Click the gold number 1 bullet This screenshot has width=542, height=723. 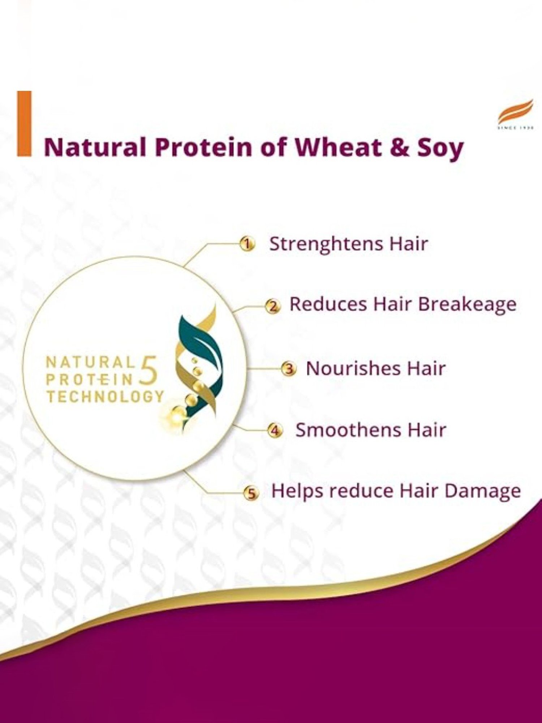pyautogui.click(x=247, y=244)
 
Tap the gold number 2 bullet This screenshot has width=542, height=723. pyautogui.click(x=273, y=306)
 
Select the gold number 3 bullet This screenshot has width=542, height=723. pyautogui.click(x=289, y=369)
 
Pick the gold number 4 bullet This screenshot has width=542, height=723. pyautogui.click(x=275, y=431)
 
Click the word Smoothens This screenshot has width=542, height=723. pyautogui.click(x=348, y=430)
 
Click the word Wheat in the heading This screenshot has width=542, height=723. pyautogui.click(x=338, y=147)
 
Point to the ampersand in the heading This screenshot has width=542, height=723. pyautogui.click(x=398, y=147)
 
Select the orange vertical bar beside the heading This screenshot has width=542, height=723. pyautogui.click(x=24, y=124)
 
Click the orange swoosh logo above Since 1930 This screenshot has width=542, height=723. pyautogui.click(x=515, y=112)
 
